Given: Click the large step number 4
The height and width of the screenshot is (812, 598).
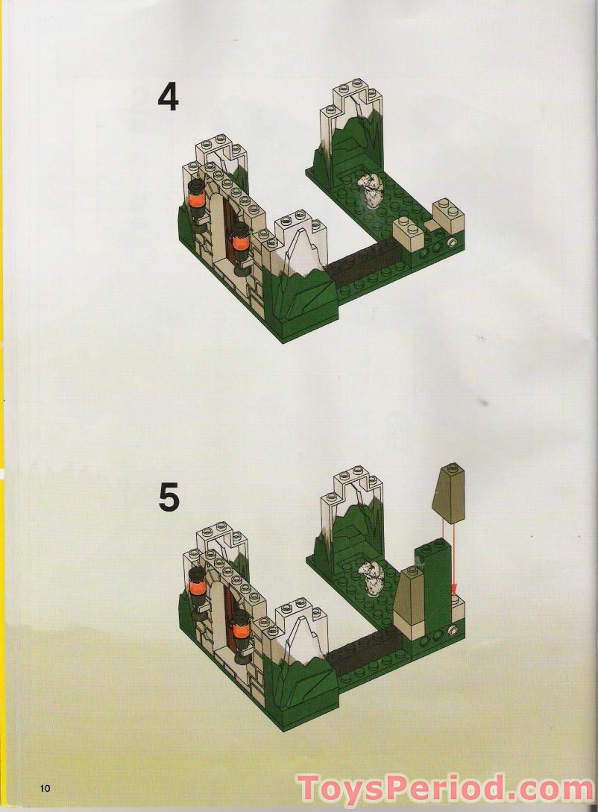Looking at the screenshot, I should [x=169, y=97].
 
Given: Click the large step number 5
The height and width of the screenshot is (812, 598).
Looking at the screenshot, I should [x=169, y=497].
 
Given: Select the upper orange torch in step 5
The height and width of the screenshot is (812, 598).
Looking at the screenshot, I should [x=196, y=583].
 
